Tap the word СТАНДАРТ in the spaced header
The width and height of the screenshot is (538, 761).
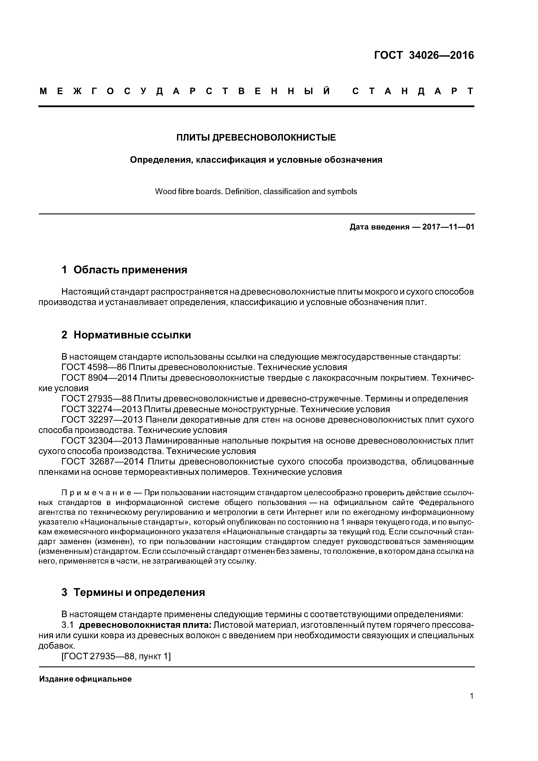tap(413, 91)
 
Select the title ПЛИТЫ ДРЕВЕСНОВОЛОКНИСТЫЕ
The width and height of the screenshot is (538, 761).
tap(256, 138)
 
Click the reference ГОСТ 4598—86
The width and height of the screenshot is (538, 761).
tap(94, 367)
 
